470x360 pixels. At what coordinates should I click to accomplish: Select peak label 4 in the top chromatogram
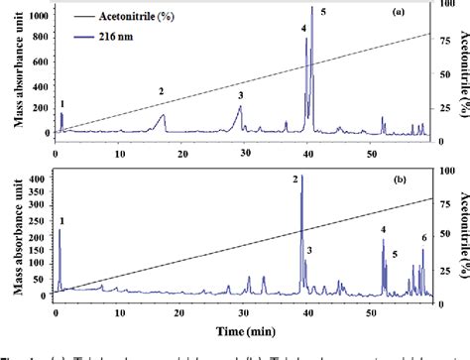coord(304,27)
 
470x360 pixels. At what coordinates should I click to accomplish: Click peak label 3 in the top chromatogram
coord(239,95)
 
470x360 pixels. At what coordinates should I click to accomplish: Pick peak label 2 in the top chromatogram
coord(161,91)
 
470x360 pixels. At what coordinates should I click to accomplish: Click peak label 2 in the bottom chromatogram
coord(294,179)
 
